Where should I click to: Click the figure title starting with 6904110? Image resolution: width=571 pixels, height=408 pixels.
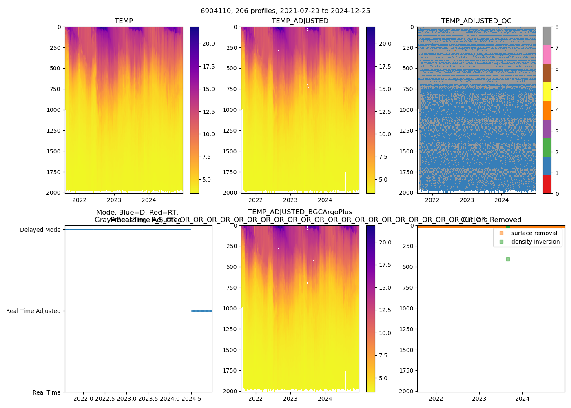[x=285, y=11]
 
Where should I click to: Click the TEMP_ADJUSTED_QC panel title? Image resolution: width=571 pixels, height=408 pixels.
[x=476, y=21]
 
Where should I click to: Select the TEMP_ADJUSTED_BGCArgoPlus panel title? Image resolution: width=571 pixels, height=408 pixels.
[x=300, y=212]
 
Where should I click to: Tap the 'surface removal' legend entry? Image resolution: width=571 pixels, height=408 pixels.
[x=534, y=233]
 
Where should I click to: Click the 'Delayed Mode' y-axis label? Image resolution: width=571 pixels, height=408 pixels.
[x=40, y=230]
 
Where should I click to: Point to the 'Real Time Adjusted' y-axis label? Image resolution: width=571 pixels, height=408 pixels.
[x=33, y=311]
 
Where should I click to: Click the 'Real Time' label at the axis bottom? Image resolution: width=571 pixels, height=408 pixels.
[x=46, y=392]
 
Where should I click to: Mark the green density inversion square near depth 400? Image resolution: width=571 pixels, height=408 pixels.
[x=508, y=259]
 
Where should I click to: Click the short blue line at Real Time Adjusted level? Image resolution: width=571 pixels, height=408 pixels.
[x=201, y=311]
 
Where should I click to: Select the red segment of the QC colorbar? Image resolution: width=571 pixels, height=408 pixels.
[x=547, y=184]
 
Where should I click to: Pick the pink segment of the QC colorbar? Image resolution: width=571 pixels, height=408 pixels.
[x=547, y=54]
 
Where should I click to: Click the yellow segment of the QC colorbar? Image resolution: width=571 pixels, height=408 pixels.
[x=547, y=91]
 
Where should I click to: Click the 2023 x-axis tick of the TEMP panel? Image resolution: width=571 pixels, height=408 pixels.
[x=114, y=200]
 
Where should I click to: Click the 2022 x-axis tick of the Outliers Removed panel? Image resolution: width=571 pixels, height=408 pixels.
[x=436, y=399]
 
